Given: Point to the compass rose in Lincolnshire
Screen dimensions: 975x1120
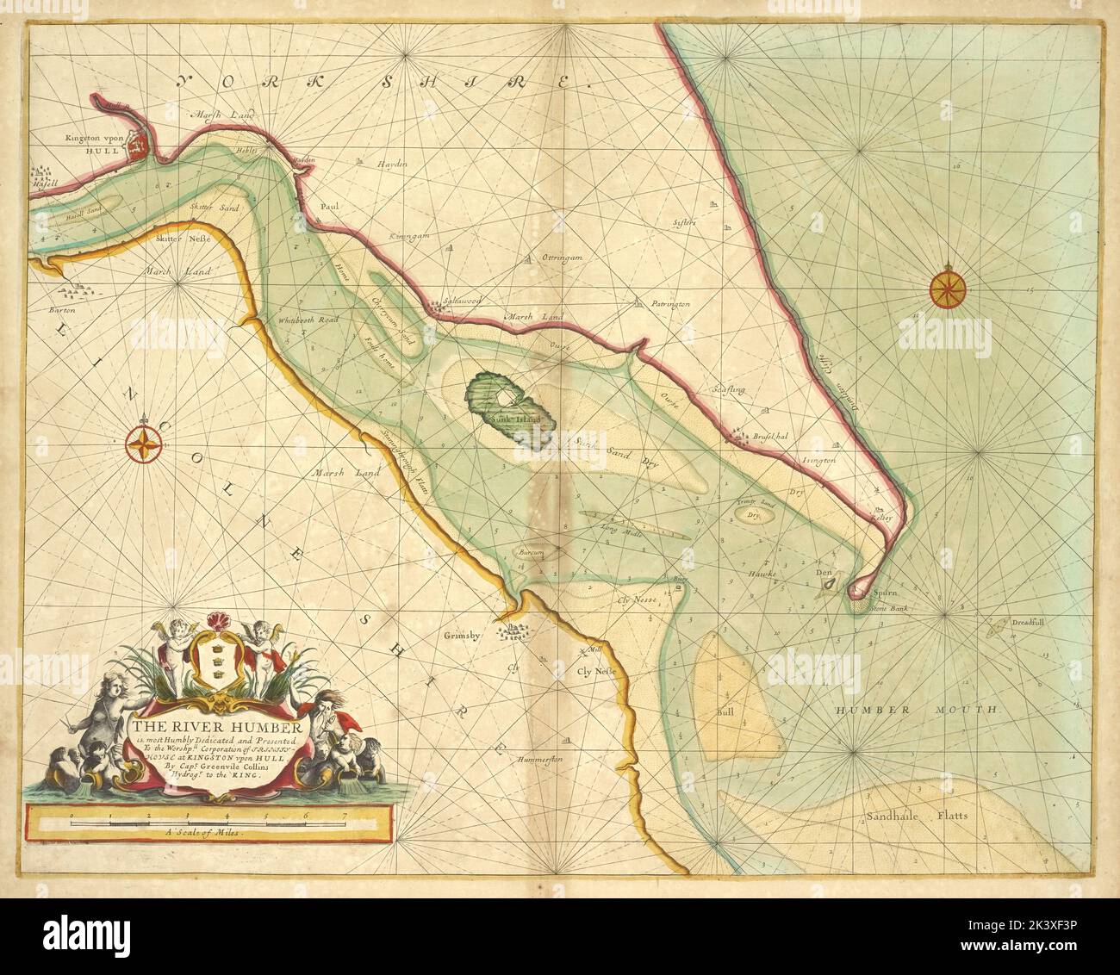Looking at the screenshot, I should click(x=146, y=444).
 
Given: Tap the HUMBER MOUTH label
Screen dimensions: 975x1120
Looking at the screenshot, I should click(x=916, y=711).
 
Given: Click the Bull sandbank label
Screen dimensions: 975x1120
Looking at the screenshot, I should click(x=722, y=713).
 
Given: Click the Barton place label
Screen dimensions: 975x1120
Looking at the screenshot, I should click(x=62, y=307).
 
